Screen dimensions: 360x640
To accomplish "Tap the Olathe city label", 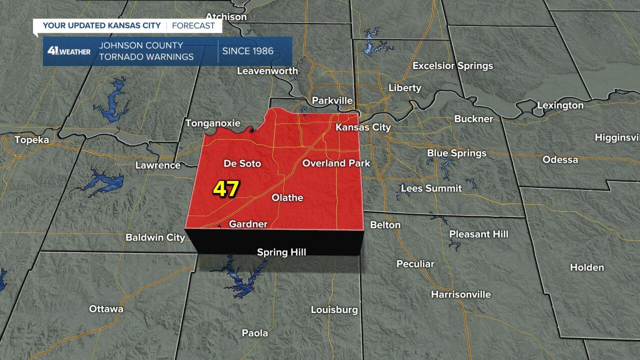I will (x=287, y=198).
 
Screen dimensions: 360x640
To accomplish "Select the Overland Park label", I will (x=336, y=163).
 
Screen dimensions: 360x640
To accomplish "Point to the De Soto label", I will (x=242, y=163).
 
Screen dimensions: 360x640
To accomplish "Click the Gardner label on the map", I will (x=248, y=224).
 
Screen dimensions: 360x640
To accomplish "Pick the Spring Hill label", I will (x=281, y=252).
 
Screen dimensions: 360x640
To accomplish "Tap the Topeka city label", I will (x=32, y=140).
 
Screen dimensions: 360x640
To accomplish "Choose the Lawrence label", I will (x=158, y=165).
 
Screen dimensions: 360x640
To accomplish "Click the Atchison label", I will (x=226, y=17).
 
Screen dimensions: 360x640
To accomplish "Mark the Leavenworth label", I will (x=267, y=71).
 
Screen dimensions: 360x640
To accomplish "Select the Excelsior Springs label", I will (x=452, y=66).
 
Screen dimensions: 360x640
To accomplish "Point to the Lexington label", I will (x=560, y=105).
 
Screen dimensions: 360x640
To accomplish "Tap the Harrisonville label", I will (x=460, y=294).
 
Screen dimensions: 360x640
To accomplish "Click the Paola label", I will (x=254, y=333).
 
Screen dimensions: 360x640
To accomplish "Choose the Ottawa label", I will (x=106, y=309).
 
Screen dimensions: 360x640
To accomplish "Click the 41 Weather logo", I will (x=68, y=51).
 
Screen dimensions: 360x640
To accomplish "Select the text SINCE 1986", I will (x=247, y=51).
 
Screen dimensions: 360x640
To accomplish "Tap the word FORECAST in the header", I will (x=193, y=25).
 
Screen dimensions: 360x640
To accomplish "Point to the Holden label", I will (x=587, y=267).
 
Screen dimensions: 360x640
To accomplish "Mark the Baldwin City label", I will (x=155, y=237).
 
